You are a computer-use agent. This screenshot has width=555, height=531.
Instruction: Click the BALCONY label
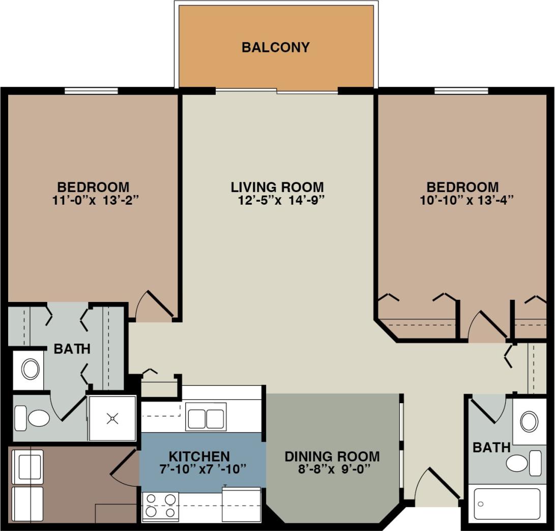tap(275, 47)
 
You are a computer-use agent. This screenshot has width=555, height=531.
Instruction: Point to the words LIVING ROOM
tap(277, 187)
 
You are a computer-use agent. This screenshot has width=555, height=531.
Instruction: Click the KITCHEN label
tap(199, 456)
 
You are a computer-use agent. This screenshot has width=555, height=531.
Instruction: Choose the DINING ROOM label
tap(332, 456)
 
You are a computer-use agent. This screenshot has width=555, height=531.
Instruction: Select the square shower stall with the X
tap(112, 418)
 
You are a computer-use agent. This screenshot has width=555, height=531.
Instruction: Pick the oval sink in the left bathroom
tap(30, 369)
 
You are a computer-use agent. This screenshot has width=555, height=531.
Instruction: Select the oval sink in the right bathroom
tap(529, 422)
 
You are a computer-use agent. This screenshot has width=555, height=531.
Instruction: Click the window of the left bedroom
tap(91, 91)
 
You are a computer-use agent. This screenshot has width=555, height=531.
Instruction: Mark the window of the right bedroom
tap(461, 91)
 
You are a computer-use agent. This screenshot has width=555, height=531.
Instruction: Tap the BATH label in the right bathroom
tap(491, 448)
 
